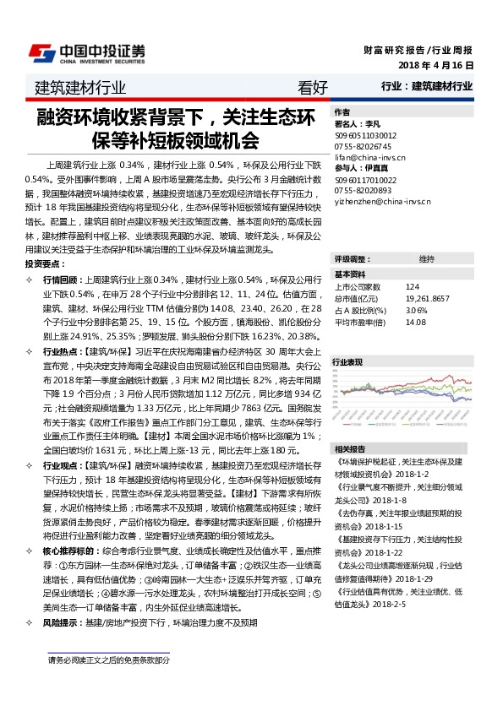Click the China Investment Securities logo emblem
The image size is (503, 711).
coord(38,52)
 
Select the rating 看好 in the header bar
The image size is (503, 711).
coord(313,87)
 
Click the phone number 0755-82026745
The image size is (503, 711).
coord(364,145)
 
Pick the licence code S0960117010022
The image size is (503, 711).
coord(366,179)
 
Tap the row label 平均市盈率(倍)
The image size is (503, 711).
coord(360,321)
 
